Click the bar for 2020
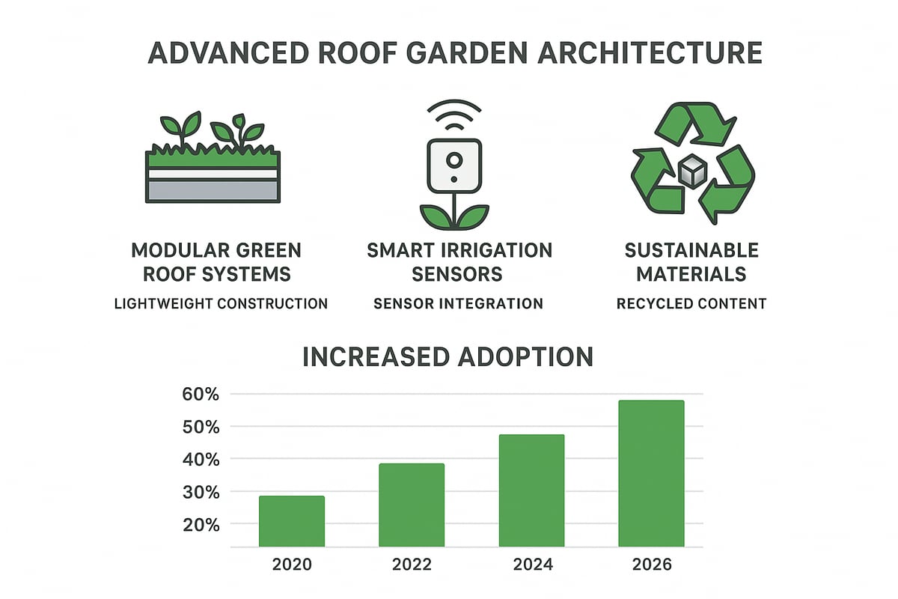[x=292, y=521]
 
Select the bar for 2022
[x=412, y=505]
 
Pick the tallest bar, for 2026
[x=651, y=473]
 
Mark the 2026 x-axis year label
[x=651, y=564]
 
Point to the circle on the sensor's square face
[x=453, y=159]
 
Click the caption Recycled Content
[x=691, y=303]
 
